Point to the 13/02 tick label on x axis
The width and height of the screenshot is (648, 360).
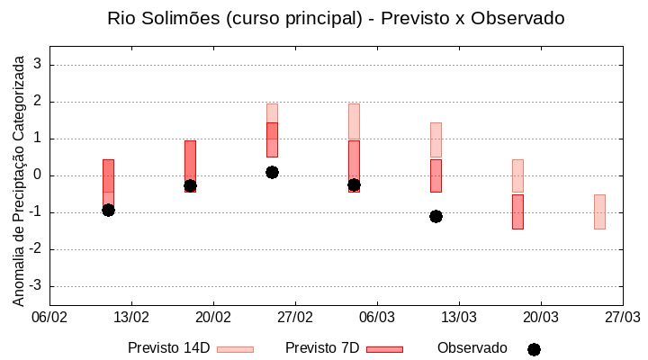click(131, 317)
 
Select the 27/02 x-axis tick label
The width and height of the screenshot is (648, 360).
click(295, 317)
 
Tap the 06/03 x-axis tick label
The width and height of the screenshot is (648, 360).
click(377, 317)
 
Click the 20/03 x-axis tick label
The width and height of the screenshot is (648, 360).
click(540, 317)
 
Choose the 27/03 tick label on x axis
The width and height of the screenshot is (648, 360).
click(622, 317)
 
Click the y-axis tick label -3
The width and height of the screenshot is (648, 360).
click(36, 286)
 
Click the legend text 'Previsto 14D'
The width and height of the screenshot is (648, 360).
click(169, 348)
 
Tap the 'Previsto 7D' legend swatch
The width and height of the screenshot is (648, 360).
click(384, 349)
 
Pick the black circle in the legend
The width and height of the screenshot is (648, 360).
click(534, 349)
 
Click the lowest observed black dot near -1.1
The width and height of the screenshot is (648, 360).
click(436, 216)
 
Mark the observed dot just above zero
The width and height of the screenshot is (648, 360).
click(272, 172)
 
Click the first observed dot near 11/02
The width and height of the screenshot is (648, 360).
click(108, 210)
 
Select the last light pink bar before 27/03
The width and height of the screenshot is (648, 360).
click(599, 211)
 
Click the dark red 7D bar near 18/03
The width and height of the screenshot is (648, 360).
click(517, 211)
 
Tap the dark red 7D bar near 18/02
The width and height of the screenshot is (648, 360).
click(190, 162)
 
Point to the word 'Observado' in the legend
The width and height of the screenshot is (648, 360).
click(472, 348)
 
